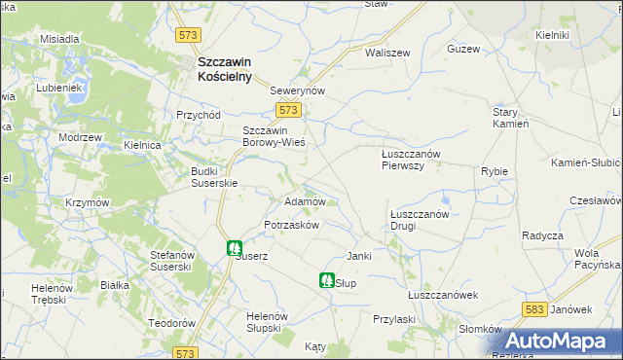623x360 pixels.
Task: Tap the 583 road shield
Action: (532, 308)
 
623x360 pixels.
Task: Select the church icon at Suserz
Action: (235, 248)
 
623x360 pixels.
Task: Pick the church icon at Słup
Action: (326, 280)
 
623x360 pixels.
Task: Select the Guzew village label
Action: (463, 49)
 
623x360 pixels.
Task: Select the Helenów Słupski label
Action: (264, 322)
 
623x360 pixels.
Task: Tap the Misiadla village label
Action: (58, 39)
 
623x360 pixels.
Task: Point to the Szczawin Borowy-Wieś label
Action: (274, 136)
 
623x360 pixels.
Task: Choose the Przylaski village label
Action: (394, 318)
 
